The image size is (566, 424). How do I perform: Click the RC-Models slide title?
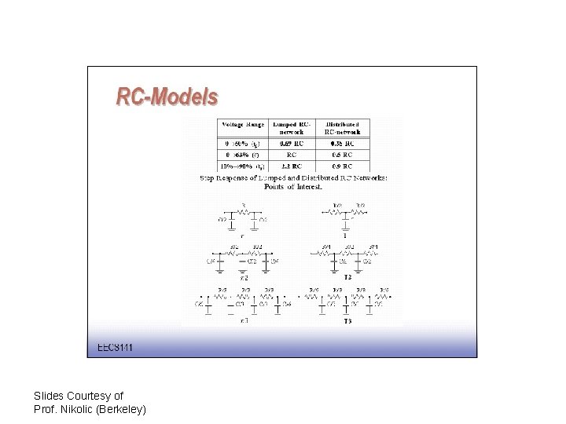click(167, 97)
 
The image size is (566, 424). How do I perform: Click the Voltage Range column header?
click(243, 124)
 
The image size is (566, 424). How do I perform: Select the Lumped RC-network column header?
click(292, 128)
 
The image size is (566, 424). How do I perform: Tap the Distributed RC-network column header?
click(341, 128)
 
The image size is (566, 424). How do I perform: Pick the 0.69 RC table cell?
click(292, 144)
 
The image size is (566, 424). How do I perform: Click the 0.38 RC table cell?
click(341, 144)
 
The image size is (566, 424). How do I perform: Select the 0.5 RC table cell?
click(341, 155)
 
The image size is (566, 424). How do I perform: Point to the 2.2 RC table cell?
click(292, 166)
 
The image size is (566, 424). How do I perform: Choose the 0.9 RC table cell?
click(341, 166)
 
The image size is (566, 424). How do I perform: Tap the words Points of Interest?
click(292, 187)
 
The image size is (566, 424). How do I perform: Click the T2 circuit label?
click(347, 278)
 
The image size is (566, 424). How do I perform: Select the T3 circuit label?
click(347, 321)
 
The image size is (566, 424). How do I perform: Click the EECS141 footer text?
click(115, 347)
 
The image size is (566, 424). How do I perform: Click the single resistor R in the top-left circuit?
click(243, 209)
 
